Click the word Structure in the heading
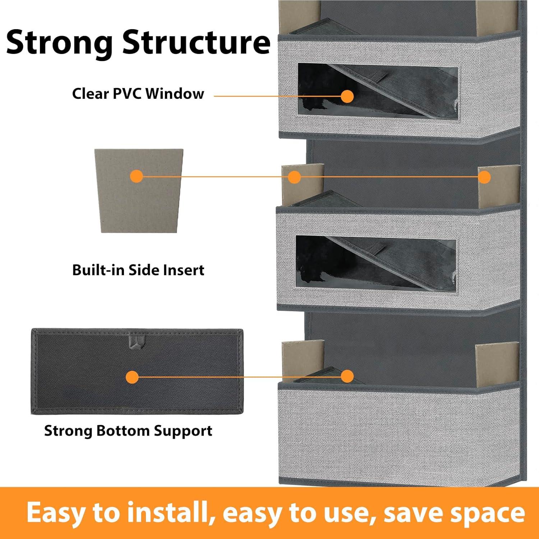[196, 43]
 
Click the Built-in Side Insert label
[138, 270]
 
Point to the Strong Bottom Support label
[128, 430]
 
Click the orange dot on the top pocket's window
[347, 96]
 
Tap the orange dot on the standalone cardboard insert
[137, 176]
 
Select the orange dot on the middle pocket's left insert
[294, 177]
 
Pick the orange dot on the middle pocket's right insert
[484, 177]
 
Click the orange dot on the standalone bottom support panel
[132, 377]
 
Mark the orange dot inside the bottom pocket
[347, 376]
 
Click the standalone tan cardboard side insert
[139, 191]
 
